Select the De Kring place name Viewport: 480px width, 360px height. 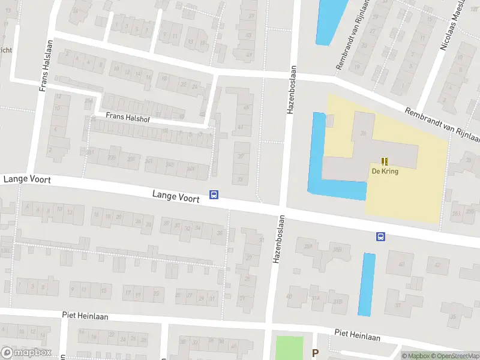click(x=385, y=171)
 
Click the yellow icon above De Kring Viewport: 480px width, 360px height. click(x=385, y=161)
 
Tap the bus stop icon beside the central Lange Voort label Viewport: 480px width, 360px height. click(x=214, y=194)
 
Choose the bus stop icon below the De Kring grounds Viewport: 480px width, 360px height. click(x=380, y=236)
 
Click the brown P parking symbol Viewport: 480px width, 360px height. click(x=315, y=353)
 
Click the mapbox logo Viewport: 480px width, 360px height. click(x=25, y=353)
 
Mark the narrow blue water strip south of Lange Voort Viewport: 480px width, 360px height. click(x=367, y=284)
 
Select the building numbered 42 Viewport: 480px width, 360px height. click(x=438, y=264)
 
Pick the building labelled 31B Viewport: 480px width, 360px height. click(x=338, y=301)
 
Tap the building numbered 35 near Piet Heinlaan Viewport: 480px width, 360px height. click(x=452, y=316)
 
